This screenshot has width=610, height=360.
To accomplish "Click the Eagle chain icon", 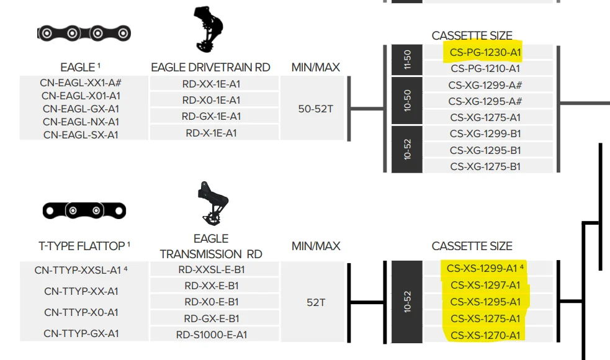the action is [x=84, y=33].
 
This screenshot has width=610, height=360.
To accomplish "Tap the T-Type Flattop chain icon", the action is [x=84, y=210].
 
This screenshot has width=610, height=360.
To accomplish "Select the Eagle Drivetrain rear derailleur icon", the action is [x=208, y=29].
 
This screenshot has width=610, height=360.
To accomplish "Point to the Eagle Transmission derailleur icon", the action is [x=213, y=203].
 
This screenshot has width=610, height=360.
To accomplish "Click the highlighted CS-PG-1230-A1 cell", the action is [x=485, y=52].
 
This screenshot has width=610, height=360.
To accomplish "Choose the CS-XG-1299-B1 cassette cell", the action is [x=485, y=133].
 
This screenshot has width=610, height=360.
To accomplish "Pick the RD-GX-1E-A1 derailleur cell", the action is [x=211, y=116].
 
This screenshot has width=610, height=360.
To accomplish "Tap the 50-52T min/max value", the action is [x=315, y=109].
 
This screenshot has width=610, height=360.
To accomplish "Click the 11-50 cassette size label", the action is [x=407, y=60].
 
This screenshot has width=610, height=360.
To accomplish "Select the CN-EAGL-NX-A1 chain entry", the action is [x=81, y=122].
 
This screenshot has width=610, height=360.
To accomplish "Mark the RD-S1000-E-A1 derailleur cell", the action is [x=211, y=335].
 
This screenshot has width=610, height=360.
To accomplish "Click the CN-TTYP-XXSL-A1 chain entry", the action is [x=81, y=270].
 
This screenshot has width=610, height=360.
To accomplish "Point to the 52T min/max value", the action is [x=315, y=302].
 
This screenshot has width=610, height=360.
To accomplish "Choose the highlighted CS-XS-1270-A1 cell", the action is [x=485, y=335].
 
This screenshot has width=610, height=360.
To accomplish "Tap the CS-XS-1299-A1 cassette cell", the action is [x=485, y=268].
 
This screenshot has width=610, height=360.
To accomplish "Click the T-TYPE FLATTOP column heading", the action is [x=84, y=246].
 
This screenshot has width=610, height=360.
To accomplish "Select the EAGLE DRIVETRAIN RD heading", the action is [x=210, y=67].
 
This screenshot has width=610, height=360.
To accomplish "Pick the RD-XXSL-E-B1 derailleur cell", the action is [x=211, y=269].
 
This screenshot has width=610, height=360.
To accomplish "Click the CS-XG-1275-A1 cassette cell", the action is [x=485, y=117].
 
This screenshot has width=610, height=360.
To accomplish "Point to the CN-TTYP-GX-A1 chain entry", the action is [x=81, y=333].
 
